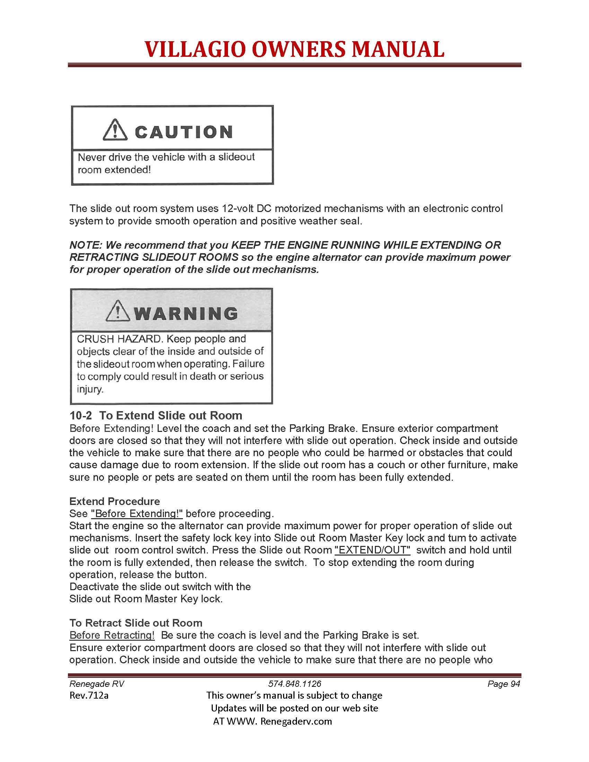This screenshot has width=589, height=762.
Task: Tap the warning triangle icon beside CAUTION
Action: coord(115,130)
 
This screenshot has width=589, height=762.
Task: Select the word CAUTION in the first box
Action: coord(184,132)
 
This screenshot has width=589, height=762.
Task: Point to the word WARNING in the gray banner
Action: coord(186,313)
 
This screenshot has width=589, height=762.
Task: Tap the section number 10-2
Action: coord(81,416)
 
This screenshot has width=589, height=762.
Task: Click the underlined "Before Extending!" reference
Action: coord(137,514)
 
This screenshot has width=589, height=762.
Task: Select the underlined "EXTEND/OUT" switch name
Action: coord(372,550)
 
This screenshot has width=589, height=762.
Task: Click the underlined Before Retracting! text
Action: coord(112,635)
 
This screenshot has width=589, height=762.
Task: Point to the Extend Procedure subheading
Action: coord(114,502)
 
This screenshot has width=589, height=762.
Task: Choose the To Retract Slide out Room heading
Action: coord(136,623)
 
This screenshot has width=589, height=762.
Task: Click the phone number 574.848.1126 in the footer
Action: coord(294,684)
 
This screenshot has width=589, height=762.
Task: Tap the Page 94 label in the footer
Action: coord(503,684)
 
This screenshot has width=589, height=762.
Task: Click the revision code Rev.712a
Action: coord(89,696)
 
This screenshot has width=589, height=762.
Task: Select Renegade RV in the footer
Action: coord(97,684)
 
